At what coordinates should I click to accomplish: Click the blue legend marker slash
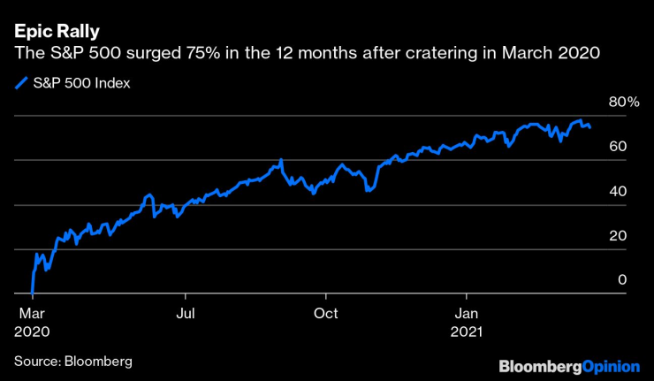tap(21, 84)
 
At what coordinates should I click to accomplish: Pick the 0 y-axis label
tap(622, 280)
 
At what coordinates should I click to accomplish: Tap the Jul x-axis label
tap(185, 313)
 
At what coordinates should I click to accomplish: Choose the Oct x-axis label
tap(327, 313)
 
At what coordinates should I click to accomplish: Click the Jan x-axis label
tap(468, 313)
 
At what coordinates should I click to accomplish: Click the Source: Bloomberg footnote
tap(72, 361)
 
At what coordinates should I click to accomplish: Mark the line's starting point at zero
tap(32, 293)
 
